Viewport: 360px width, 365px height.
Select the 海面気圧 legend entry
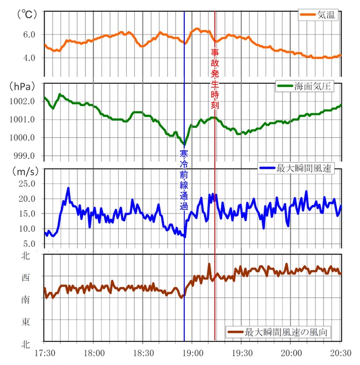click(308, 86)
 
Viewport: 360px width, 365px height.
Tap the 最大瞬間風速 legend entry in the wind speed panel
click(298, 169)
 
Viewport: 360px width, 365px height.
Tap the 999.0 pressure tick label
click(24, 156)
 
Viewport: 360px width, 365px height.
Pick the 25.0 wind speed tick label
click(26, 184)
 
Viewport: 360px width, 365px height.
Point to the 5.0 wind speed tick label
click(28, 244)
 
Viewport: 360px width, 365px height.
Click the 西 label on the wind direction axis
click(25, 278)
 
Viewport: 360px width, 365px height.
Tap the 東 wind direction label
click(25, 321)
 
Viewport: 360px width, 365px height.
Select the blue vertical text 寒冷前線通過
click(184, 180)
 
